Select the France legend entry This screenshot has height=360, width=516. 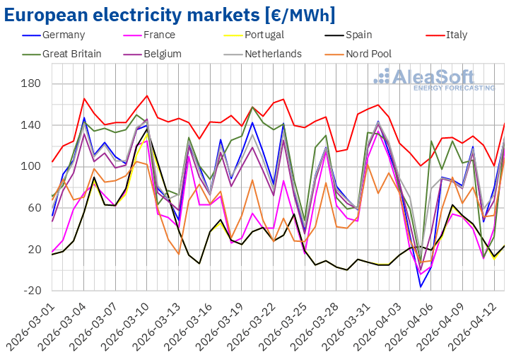pyautogui.click(x=156, y=35)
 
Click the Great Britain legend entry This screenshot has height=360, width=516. pyautogui.click(x=71, y=54)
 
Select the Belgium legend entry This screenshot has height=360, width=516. pyautogui.click(x=161, y=54)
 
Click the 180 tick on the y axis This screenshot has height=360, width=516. pyautogui.click(x=30, y=84)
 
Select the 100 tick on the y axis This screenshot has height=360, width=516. pyautogui.click(x=30, y=167)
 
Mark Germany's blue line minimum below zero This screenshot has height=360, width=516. pyautogui.click(x=421, y=286)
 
